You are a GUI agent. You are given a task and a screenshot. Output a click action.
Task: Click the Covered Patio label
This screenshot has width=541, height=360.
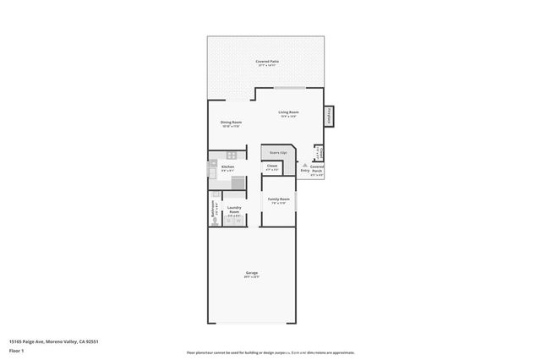pos(269,62)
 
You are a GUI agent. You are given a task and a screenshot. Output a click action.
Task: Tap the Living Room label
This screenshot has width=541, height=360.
pos(289,112)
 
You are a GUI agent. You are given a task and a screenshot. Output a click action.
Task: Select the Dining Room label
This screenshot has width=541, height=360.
pos(232,123)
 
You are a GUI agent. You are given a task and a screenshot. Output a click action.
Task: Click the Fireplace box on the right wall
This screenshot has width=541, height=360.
pos(329,115)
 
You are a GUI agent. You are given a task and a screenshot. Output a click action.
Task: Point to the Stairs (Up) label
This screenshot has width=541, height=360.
pos(278,153)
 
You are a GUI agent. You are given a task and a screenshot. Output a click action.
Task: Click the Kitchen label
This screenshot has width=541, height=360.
pos(227,167)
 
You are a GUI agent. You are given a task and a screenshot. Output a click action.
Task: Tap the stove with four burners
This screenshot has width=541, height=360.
pos(232,155)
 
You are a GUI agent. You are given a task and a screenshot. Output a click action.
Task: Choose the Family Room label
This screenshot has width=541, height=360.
pos(279,199)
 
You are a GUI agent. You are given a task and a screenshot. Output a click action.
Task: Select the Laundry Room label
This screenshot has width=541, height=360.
pos(234,209)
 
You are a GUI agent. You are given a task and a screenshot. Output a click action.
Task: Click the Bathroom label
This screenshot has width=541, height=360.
pos(213,209)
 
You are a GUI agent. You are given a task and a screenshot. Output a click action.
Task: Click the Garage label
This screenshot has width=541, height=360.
pos(252,274)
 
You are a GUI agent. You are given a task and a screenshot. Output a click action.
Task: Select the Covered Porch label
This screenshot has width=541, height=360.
pos(317,169)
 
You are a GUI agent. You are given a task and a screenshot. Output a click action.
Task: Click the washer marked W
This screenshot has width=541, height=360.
pos(239,221)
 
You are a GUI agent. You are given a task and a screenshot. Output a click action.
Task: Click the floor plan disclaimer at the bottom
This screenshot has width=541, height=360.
pos(270,352)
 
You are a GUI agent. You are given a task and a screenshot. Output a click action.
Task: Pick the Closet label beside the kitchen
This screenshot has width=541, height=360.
pos(272,166)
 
